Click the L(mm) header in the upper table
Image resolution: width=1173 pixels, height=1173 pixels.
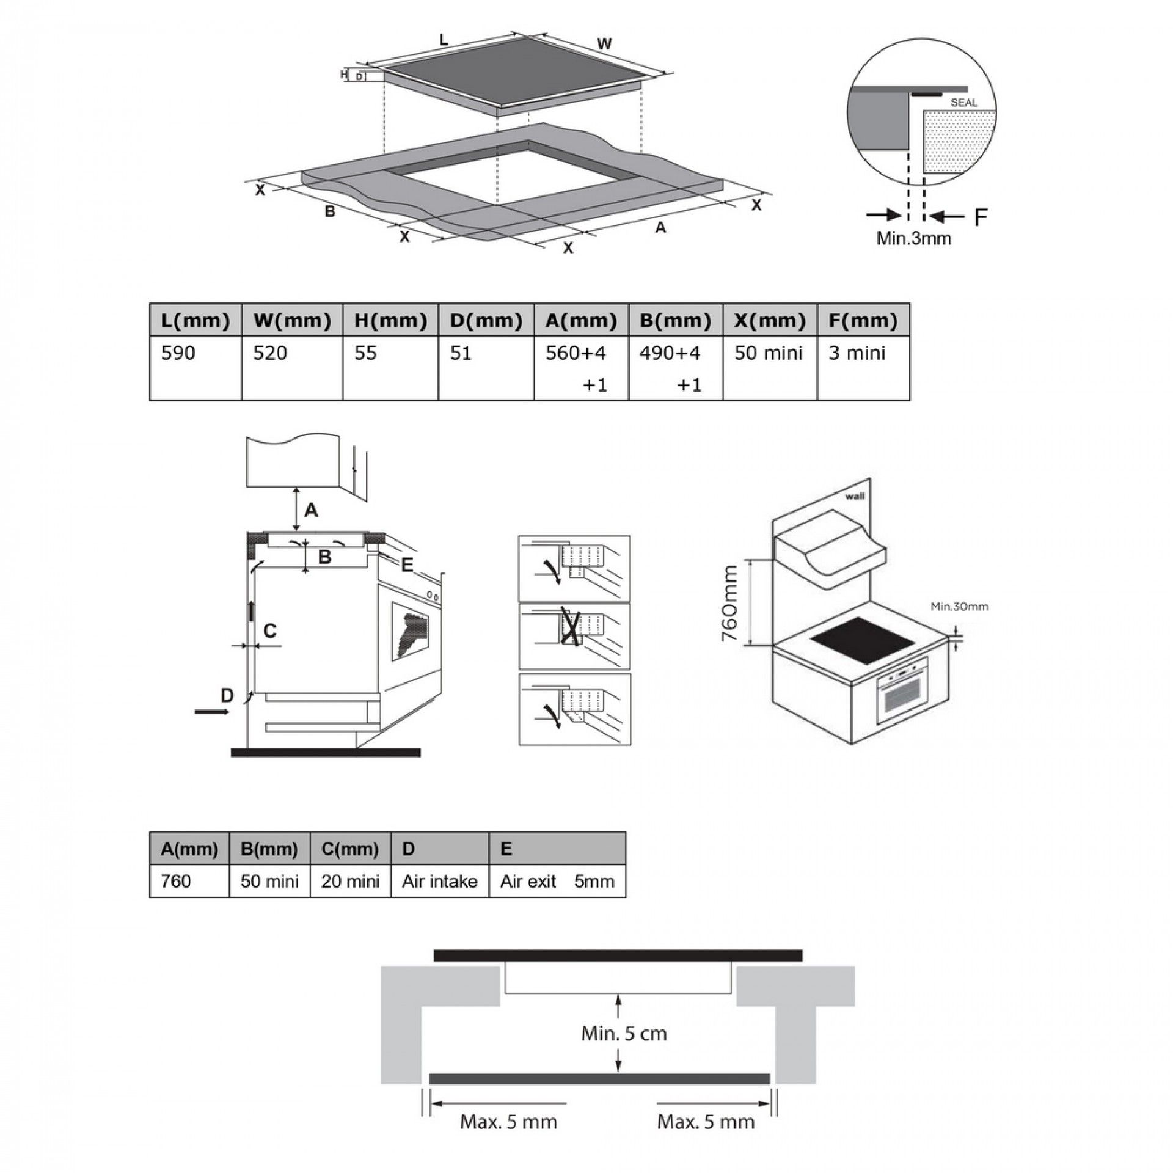[195, 320]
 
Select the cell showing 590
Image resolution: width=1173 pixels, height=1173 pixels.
[178, 353]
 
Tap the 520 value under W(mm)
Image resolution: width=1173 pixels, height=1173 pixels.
[270, 353]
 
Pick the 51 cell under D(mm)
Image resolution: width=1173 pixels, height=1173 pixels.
[461, 353]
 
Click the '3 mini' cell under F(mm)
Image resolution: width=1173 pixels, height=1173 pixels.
[857, 353]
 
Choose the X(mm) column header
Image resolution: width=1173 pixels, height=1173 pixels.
[770, 320]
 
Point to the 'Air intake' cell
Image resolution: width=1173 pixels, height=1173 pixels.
[439, 882]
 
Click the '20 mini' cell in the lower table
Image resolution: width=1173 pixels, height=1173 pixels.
[350, 882]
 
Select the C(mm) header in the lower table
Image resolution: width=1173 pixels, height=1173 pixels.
[350, 849]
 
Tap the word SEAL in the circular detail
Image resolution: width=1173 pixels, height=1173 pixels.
[964, 103]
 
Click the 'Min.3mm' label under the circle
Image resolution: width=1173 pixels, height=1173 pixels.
[914, 238]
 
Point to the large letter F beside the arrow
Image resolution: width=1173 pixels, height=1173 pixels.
[981, 217]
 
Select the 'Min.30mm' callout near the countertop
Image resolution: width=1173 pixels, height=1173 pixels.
[959, 607]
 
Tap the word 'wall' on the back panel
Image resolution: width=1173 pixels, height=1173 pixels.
[855, 496]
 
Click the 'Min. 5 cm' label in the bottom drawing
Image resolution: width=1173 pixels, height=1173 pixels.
[624, 1034]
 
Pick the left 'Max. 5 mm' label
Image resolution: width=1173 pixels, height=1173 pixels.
[508, 1122]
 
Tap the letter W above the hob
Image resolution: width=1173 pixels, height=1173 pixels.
[604, 44]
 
